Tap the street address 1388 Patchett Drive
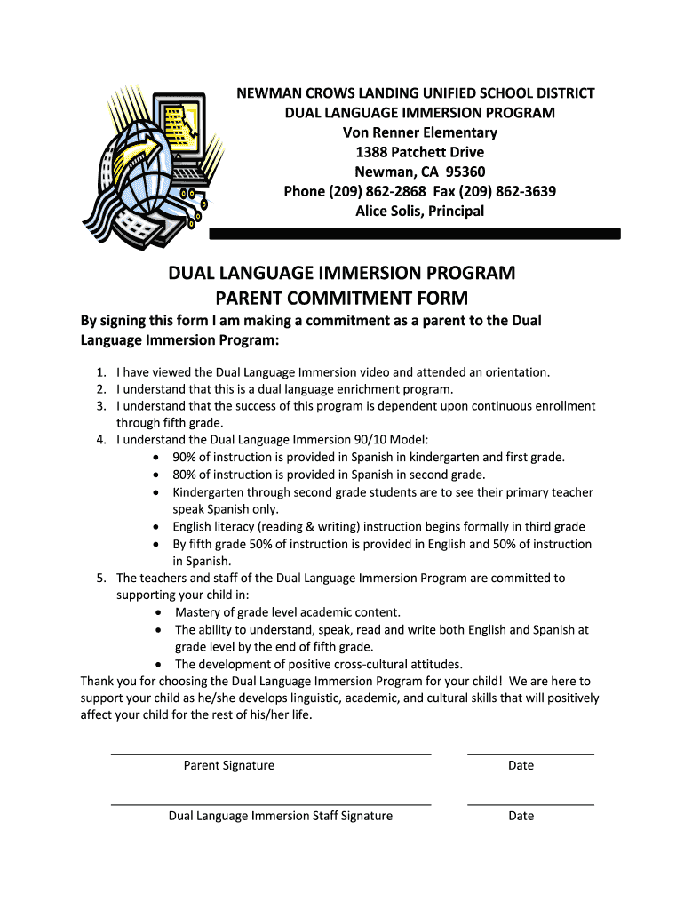click(x=420, y=152)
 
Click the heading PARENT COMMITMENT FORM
click(x=342, y=298)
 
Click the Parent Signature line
click(x=271, y=753)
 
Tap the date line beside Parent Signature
click(x=530, y=753)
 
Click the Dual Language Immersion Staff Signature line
click(x=271, y=803)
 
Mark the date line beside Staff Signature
click(x=530, y=803)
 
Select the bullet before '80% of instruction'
click(x=156, y=475)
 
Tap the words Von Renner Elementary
click(x=420, y=132)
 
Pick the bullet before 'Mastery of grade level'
click(x=158, y=612)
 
